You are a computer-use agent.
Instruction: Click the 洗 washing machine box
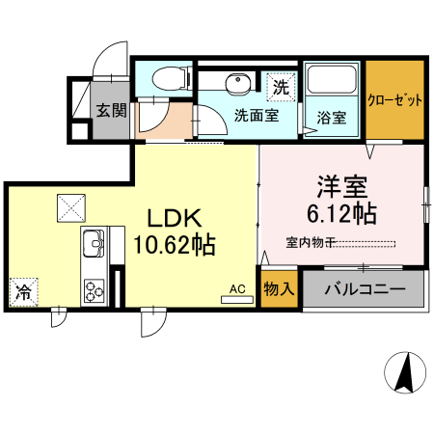(281, 86)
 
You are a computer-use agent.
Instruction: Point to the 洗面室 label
(257, 116)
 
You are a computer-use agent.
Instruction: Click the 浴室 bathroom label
(333, 121)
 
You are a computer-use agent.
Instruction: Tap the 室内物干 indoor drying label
(311, 241)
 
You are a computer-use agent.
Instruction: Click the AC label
(236, 288)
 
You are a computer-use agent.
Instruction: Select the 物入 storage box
(279, 288)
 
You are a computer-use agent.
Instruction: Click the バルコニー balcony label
(365, 288)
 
